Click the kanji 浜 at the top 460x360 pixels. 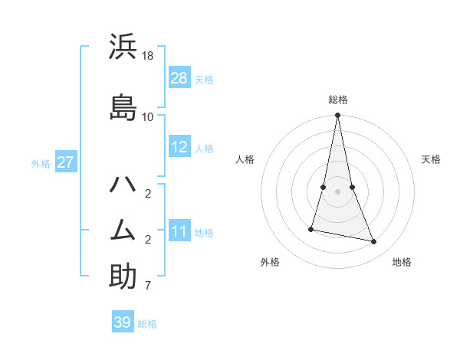tap(123, 47)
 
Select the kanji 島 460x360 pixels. tap(123, 106)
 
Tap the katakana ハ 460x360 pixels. tap(123, 185)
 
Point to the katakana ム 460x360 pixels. tap(123, 231)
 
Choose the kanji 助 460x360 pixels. tap(123, 277)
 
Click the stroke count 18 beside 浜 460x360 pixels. tap(148, 57)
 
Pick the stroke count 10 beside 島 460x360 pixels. tap(148, 116)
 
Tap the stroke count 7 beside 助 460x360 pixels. tap(147, 286)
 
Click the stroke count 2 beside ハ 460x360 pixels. tap(147, 193)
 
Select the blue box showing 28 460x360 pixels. tap(179, 78)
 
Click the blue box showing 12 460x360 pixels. tap(179, 147)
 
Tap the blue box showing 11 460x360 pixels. tap(179, 231)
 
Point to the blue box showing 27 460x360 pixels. tap(65, 162)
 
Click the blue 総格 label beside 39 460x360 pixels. tap(147, 324)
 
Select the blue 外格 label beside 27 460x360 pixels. tap(41, 163)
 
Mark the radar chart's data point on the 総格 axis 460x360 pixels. tap(337, 116)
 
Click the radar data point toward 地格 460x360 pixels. tap(374, 242)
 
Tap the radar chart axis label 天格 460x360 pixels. tap(431, 159)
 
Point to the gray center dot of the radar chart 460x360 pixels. tap(337, 191)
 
